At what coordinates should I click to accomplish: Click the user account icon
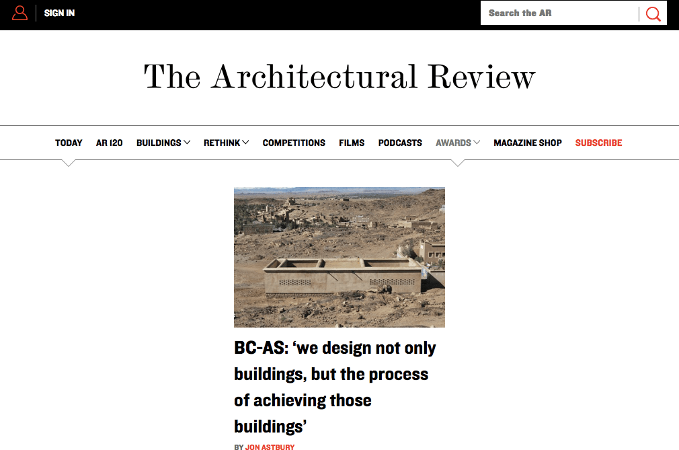(x=20, y=13)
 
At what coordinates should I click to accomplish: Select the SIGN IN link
(x=59, y=13)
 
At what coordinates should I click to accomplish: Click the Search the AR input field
(x=558, y=13)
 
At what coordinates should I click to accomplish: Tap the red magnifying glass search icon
(x=653, y=13)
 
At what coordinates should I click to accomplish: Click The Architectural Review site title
(x=339, y=76)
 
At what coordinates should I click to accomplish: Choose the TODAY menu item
(x=69, y=143)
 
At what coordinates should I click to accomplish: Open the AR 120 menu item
(x=109, y=143)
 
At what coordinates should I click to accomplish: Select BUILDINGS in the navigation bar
(x=159, y=143)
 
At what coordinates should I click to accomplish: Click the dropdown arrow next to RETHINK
(x=246, y=143)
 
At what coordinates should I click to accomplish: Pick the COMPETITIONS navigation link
(x=294, y=143)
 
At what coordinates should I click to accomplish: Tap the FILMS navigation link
(x=352, y=143)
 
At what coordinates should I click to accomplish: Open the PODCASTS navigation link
(x=400, y=143)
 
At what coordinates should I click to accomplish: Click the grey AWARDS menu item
(x=453, y=143)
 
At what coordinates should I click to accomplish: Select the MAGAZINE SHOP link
(x=528, y=143)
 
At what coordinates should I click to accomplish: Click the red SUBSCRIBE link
(x=598, y=143)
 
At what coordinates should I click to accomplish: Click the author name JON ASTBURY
(x=270, y=447)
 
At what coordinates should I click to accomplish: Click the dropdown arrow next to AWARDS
(x=477, y=143)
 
